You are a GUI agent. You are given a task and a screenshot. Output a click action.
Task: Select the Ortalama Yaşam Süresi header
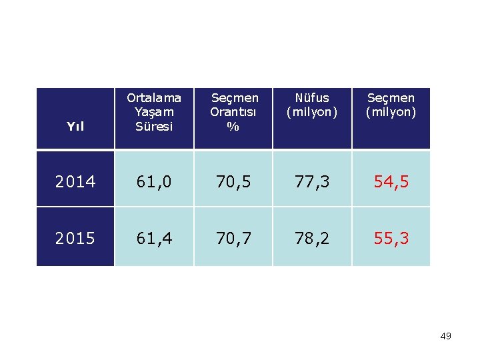pos(154,112)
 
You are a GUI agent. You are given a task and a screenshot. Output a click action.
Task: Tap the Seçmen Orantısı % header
pos(233,112)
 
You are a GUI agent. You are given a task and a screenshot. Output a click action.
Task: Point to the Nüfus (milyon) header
pos(312,105)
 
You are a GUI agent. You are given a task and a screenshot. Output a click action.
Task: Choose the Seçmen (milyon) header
pos(391,105)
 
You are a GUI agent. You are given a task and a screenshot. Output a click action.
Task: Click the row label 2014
pos(75,181)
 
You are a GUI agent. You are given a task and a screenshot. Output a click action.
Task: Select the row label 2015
pos(75,238)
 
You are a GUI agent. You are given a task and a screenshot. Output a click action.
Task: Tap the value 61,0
pos(154,181)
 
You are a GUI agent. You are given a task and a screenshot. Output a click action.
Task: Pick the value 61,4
pos(154,238)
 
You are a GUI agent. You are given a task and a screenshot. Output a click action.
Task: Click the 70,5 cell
pos(233,181)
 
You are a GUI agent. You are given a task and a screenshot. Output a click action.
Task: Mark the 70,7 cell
pos(233,238)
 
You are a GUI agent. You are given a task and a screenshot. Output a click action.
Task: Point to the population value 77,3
pos(312,181)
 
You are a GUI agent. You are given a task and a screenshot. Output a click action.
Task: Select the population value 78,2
pos(312,238)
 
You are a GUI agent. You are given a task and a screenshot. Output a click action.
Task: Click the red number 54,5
pos(391,181)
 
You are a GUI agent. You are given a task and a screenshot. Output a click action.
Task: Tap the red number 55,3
pos(391,238)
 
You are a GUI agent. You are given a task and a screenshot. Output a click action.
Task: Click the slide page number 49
pos(445,336)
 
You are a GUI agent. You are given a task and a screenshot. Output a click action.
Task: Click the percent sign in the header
pos(233,127)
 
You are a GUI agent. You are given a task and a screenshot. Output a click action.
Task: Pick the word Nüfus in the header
pos(312,98)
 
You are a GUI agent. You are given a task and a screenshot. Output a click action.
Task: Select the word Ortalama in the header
pos(154,98)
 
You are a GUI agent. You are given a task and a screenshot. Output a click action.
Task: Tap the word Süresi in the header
pos(154,127)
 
